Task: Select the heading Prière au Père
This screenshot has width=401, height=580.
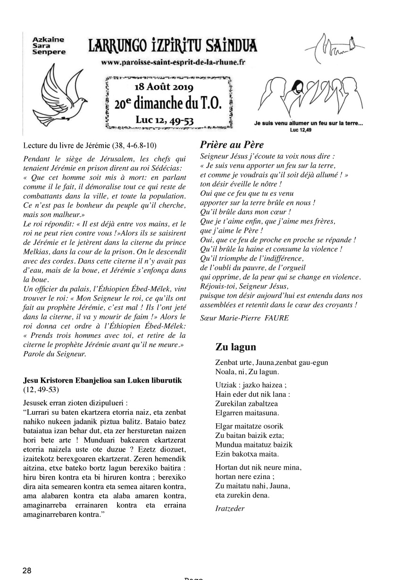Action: pyautogui.click(x=232, y=145)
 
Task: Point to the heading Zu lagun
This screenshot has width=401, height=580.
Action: pyautogui.click(x=235, y=347)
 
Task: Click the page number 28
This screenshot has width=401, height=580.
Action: pyautogui.click(x=27, y=571)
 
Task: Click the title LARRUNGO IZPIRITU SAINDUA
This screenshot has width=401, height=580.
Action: pyautogui.click(x=173, y=46)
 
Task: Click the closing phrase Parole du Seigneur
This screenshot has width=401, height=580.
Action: pyautogui.click(x=54, y=353)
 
